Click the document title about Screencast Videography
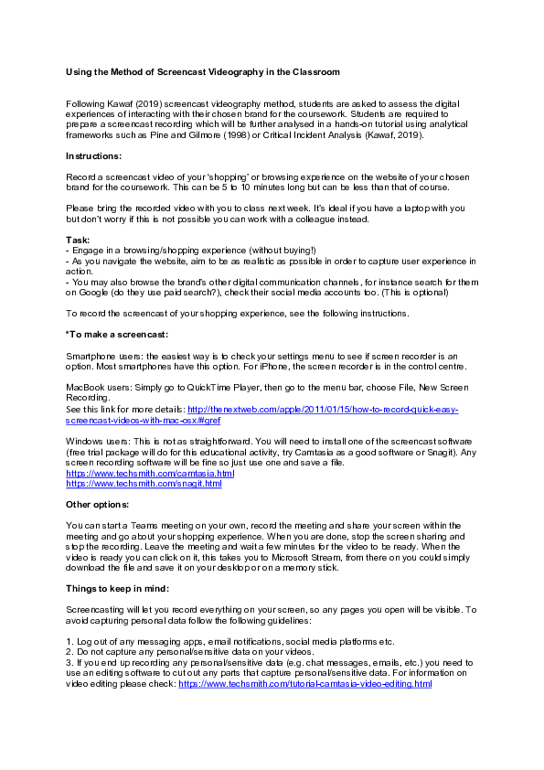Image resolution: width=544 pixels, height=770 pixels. [x=202, y=71]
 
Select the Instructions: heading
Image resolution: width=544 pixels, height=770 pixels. [x=94, y=156]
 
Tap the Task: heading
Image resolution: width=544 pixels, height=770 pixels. [x=79, y=241]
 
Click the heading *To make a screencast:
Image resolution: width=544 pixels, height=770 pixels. [x=117, y=334]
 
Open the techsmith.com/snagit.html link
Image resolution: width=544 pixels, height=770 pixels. [x=144, y=483]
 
